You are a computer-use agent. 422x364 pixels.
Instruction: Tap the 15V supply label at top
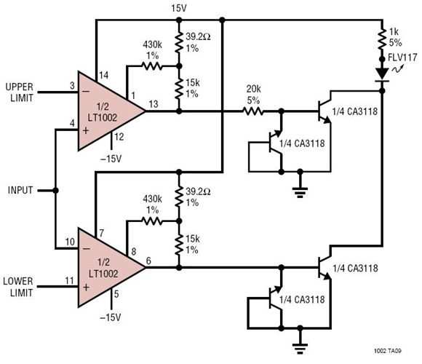[x=179, y=8]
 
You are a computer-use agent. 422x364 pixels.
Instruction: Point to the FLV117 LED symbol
[x=381, y=74]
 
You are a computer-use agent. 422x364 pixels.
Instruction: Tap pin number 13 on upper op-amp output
[x=154, y=104]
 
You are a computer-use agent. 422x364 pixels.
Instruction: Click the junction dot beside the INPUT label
[x=56, y=191]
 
